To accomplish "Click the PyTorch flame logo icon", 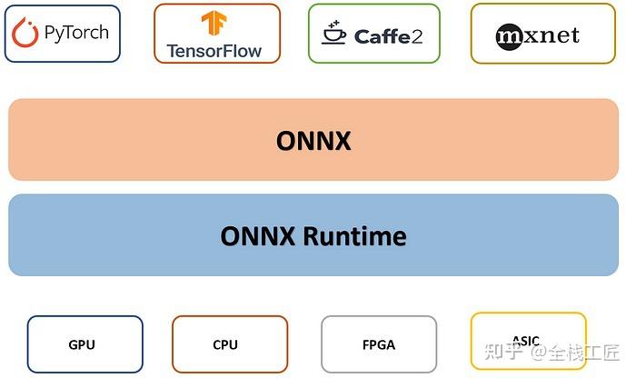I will pos(25,33).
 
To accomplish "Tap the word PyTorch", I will pos(75,33).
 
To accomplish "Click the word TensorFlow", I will pos(214,50).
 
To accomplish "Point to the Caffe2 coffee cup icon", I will pos(333,34).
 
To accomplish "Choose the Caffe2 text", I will pos(388,35).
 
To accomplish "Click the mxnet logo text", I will pos(538,35).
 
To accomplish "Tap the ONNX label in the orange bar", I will pos(313,140).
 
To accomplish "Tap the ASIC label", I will pos(526,341).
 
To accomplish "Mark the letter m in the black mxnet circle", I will pos(512,36).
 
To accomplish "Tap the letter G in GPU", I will pos(73,344).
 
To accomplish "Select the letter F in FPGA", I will pos(365,344).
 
